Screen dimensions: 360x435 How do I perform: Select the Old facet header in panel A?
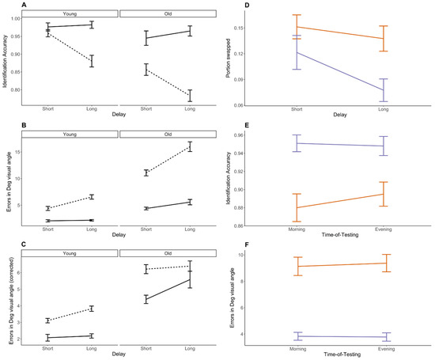click(x=167, y=13)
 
